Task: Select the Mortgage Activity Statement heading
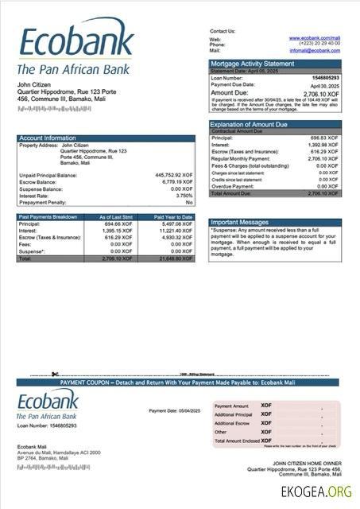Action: click(252, 63)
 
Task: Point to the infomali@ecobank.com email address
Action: click(315, 50)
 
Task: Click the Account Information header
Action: click(48, 138)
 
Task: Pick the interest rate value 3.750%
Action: click(184, 195)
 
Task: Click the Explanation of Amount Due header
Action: click(256, 124)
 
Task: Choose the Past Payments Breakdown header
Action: click(48, 217)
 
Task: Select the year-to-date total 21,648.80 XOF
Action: click(174, 259)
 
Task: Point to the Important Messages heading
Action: click(240, 223)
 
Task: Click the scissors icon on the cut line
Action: click(55, 374)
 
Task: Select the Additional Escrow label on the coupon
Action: click(234, 423)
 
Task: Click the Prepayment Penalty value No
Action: click(189, 202)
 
